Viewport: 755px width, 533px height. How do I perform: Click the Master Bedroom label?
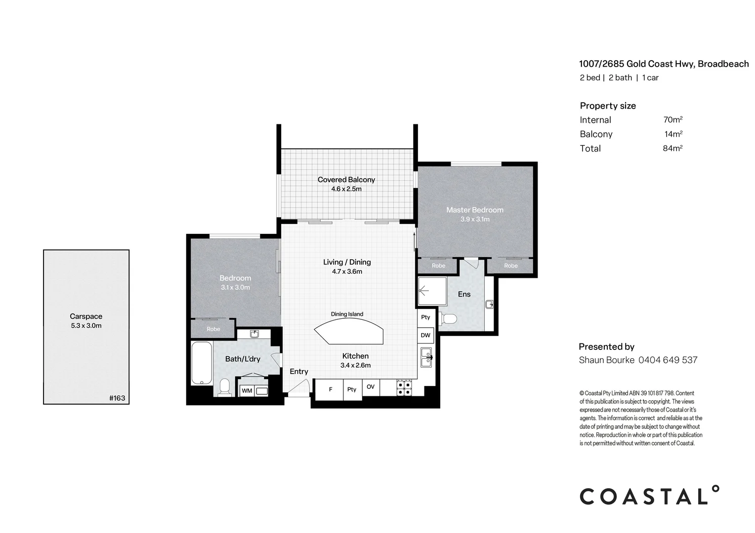(474, 210)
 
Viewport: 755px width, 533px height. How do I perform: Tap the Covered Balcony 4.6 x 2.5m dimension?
(346, 189)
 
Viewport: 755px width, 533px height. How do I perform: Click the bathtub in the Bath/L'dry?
(201, 363)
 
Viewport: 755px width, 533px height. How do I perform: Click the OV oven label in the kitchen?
(371, 387)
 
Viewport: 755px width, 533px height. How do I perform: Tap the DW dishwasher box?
(425, 335)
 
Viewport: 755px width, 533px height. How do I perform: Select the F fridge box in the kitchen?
(331, 389)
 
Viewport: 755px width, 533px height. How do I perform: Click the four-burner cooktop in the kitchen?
(404, 388)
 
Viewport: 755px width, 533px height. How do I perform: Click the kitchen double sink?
(426, 357)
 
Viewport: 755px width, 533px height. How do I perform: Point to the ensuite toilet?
(448, 318)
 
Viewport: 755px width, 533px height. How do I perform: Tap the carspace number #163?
(117, 398)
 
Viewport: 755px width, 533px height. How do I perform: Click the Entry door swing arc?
(299, 388)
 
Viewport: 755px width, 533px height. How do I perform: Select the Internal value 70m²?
(672, 119)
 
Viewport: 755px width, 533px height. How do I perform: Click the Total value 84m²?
(672, 148)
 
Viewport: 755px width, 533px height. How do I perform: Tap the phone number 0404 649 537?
(668, 360)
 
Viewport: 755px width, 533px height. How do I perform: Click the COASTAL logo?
(649, 495)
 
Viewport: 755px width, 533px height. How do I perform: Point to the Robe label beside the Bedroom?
(213, 329)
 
